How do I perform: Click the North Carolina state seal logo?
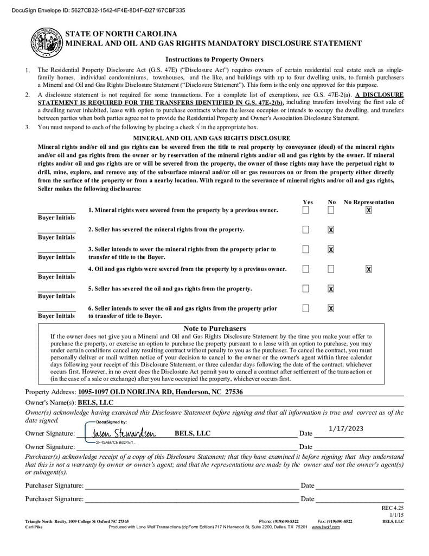[47, 41]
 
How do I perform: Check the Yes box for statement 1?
[306, 210]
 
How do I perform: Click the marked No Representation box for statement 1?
[369, 210]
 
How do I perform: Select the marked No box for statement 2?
[331, 230]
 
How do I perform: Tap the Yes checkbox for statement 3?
[306, 249]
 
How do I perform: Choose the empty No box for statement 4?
[331, 269]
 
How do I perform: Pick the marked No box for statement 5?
[331, 288]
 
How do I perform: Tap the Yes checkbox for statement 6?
[306, 308]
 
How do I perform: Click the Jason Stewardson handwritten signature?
[124, 433]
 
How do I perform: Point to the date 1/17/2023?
[346, 429]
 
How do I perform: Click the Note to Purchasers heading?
[214, 328]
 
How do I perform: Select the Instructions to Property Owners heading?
[214, 60]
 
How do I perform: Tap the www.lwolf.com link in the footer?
[325, 527]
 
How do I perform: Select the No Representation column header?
[369, 202]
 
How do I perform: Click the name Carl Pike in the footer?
[34, 527]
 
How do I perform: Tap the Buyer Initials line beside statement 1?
[56, 212]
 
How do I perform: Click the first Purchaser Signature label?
[54, 485]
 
